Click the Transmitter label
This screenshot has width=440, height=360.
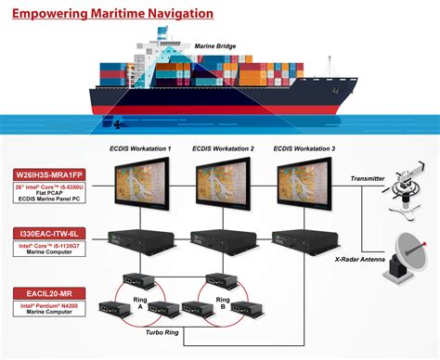click(366, 179)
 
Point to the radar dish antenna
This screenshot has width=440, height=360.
click(409, 249)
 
